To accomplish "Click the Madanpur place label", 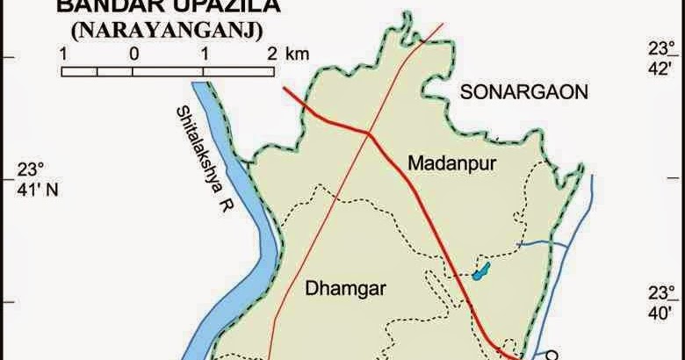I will [441, 162].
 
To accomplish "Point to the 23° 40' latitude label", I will [659, 302].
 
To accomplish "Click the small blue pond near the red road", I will [479, 271].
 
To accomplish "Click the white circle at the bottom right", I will [552, 356].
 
